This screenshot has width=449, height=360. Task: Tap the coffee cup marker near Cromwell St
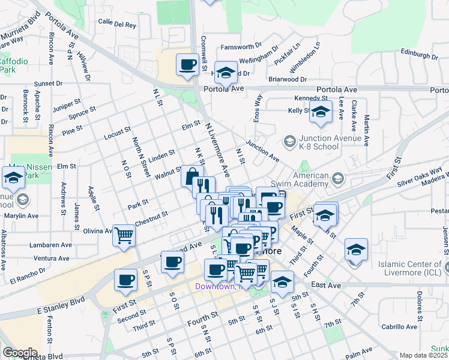click(187, 64)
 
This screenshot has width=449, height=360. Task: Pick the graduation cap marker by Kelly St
click(321, 112)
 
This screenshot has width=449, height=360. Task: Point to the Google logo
click(19, 353)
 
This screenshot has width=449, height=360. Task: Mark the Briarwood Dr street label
click(288, 79)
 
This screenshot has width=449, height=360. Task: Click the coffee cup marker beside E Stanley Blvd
click(127, 280)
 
